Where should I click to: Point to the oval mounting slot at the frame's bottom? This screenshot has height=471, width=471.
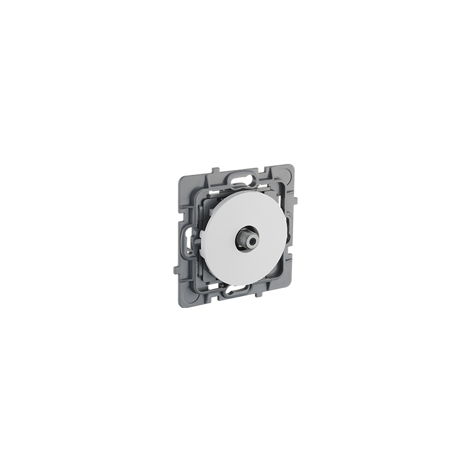pyautogui.click(x=242, y=289)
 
